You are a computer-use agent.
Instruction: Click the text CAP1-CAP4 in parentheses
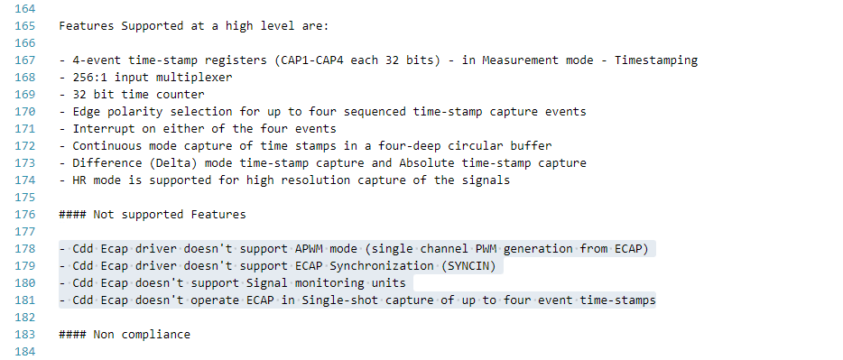312,60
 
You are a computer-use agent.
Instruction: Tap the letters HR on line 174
79,180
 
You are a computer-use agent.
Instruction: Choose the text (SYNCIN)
468,266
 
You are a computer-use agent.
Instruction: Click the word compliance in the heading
156,334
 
